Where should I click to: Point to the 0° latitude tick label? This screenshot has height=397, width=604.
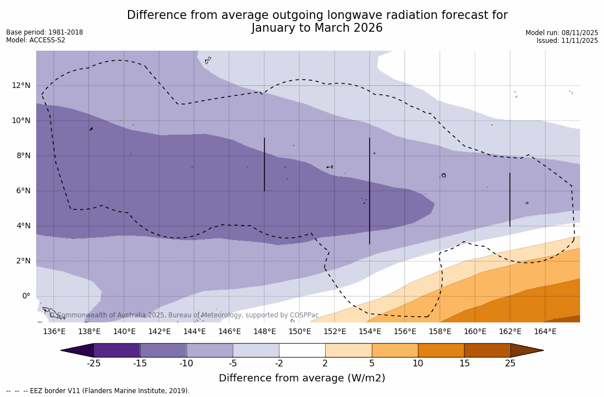click(26, 296)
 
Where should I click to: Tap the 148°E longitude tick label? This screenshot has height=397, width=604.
click(264, 332)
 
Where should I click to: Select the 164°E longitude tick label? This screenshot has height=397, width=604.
click(545, 332)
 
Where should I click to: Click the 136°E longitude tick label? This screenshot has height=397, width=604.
click(54, 332)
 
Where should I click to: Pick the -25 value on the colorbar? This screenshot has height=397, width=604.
click(94, 364)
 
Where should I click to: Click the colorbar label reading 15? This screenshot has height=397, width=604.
click(464, 364)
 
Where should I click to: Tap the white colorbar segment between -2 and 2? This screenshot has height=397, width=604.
click(302, 350)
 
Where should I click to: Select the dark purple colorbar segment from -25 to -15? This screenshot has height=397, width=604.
click(117, 350)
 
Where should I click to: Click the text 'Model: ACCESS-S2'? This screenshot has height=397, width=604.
click(36, 40)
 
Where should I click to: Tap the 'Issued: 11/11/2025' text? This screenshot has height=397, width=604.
click(567, 41)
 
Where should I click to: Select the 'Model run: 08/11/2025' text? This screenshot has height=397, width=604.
click(562, 33)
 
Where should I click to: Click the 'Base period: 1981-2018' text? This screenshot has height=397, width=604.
click(45, 32)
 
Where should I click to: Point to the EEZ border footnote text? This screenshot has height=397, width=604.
click(97, 391)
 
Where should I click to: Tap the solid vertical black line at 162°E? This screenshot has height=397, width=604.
click(510, 199)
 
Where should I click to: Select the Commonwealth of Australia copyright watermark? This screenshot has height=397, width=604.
click(184, 315)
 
